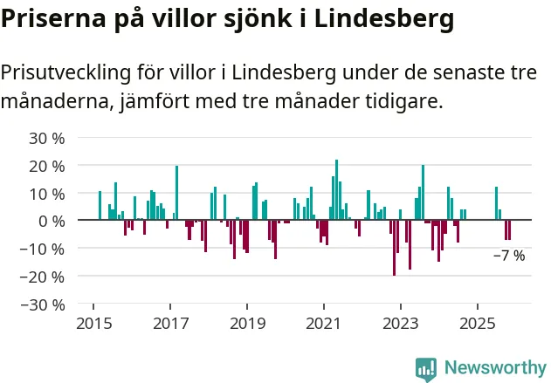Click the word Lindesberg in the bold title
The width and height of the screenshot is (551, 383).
[384, 17]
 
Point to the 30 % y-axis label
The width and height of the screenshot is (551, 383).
[47, 138]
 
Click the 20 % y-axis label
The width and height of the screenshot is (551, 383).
[47, 166]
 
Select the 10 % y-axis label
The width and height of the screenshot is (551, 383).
[47, 194]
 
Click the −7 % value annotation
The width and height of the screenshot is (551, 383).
[509, 256]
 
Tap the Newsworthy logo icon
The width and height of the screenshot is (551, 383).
[426, 367]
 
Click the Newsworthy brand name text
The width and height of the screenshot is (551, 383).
[494, 367]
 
